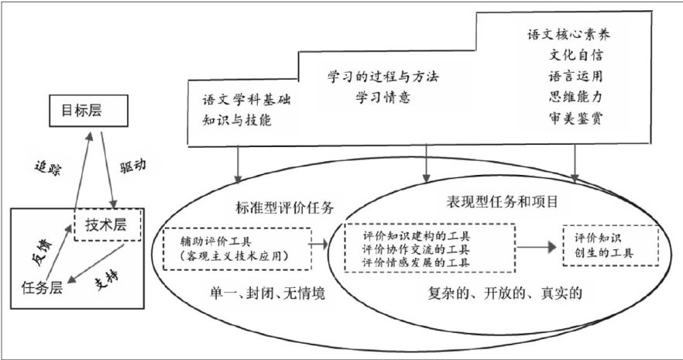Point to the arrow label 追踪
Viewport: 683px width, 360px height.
47,168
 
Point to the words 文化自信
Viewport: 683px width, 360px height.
575,57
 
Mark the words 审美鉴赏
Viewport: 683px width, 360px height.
575,119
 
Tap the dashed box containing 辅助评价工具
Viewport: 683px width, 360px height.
235,249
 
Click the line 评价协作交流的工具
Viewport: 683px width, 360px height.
419,249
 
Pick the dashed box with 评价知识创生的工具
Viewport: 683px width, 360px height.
609,245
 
